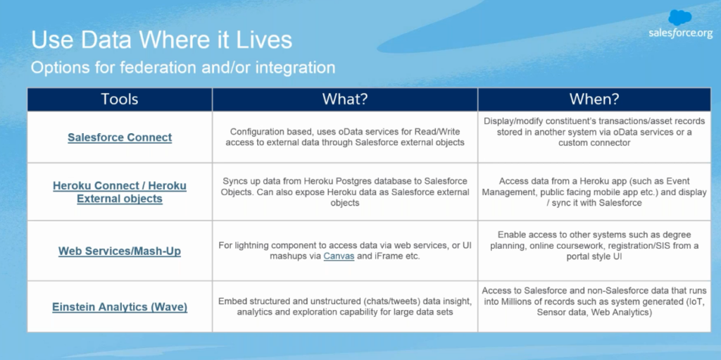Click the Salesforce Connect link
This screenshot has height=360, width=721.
120,137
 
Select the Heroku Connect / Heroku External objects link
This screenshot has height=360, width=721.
120,192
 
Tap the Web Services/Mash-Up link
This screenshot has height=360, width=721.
120,252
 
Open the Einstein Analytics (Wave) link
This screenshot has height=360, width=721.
120,307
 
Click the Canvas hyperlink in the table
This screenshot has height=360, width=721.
339,256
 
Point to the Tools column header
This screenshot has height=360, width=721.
120,99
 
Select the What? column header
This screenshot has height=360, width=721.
345,99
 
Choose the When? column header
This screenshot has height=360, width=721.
594,99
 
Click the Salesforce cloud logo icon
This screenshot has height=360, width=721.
680,18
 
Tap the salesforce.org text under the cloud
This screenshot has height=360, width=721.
681,33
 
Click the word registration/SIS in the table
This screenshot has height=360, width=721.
625,246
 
